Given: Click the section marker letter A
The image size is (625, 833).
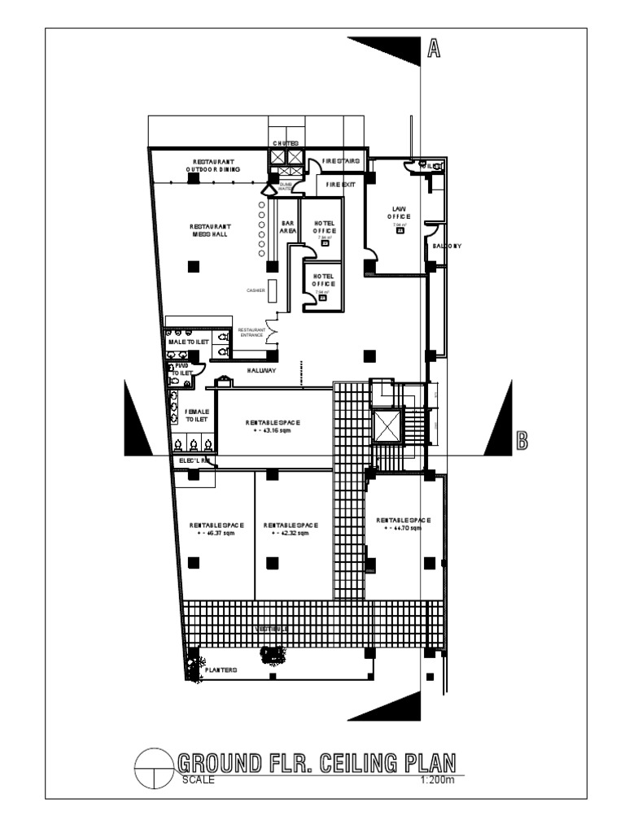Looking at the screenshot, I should tap(434, 50).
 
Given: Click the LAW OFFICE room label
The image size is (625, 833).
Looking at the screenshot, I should tap(400, 212).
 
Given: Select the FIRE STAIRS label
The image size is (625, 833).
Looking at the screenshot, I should tap(340, 161).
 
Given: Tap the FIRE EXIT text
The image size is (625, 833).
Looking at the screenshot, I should tap(341, 185).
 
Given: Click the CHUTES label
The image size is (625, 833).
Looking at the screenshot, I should tap(286, 144).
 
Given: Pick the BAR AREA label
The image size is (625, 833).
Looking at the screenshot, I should tap(287, 226).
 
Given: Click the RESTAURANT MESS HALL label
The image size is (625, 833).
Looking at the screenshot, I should tap(210, 230).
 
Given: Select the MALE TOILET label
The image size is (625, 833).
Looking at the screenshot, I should tap(189, 343).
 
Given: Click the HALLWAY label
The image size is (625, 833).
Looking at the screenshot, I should tap(262, 370).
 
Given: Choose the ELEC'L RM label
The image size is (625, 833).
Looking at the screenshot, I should tap(194, 460).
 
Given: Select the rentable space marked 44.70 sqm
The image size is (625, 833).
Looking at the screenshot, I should tap(403, 523).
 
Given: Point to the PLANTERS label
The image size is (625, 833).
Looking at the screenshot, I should tap(221, 670).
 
